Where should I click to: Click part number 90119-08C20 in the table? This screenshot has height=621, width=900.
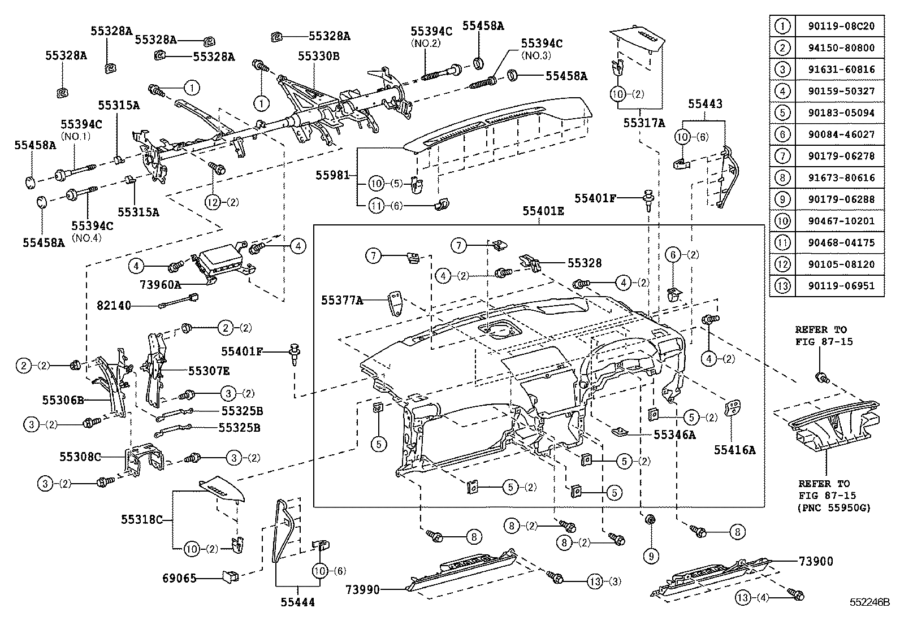click(838, 26)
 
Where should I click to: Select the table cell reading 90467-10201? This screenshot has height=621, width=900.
click(838, 221)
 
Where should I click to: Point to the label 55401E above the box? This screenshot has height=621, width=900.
click(543, 211)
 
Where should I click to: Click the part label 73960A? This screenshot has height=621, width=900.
click(160, 284)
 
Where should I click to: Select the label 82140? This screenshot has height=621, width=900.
click(114, 306)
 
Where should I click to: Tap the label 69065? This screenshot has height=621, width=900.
click(179, 578)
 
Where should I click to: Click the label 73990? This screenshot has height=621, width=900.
click(363, 590)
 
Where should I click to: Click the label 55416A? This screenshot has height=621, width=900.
click(734, 450)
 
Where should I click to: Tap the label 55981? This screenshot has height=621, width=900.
click(332, 176)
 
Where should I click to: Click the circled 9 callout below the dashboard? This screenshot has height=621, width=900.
click(651, 557)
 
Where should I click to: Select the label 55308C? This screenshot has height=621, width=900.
click(80, 455)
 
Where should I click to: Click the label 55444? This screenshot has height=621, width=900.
click(297, 602)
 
